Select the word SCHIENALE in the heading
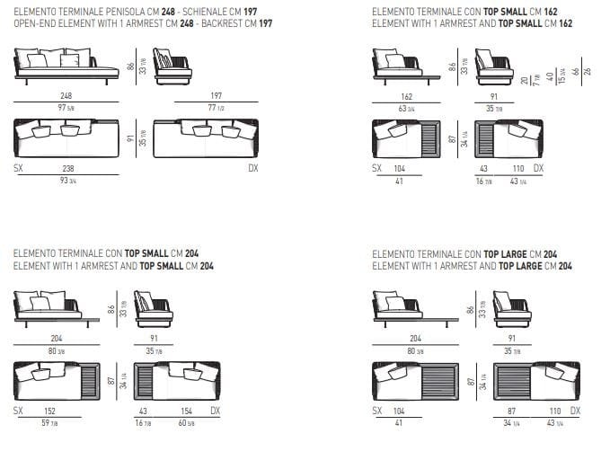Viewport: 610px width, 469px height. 199,13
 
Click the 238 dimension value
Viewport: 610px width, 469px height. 66,169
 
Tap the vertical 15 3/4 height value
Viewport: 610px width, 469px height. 561,75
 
